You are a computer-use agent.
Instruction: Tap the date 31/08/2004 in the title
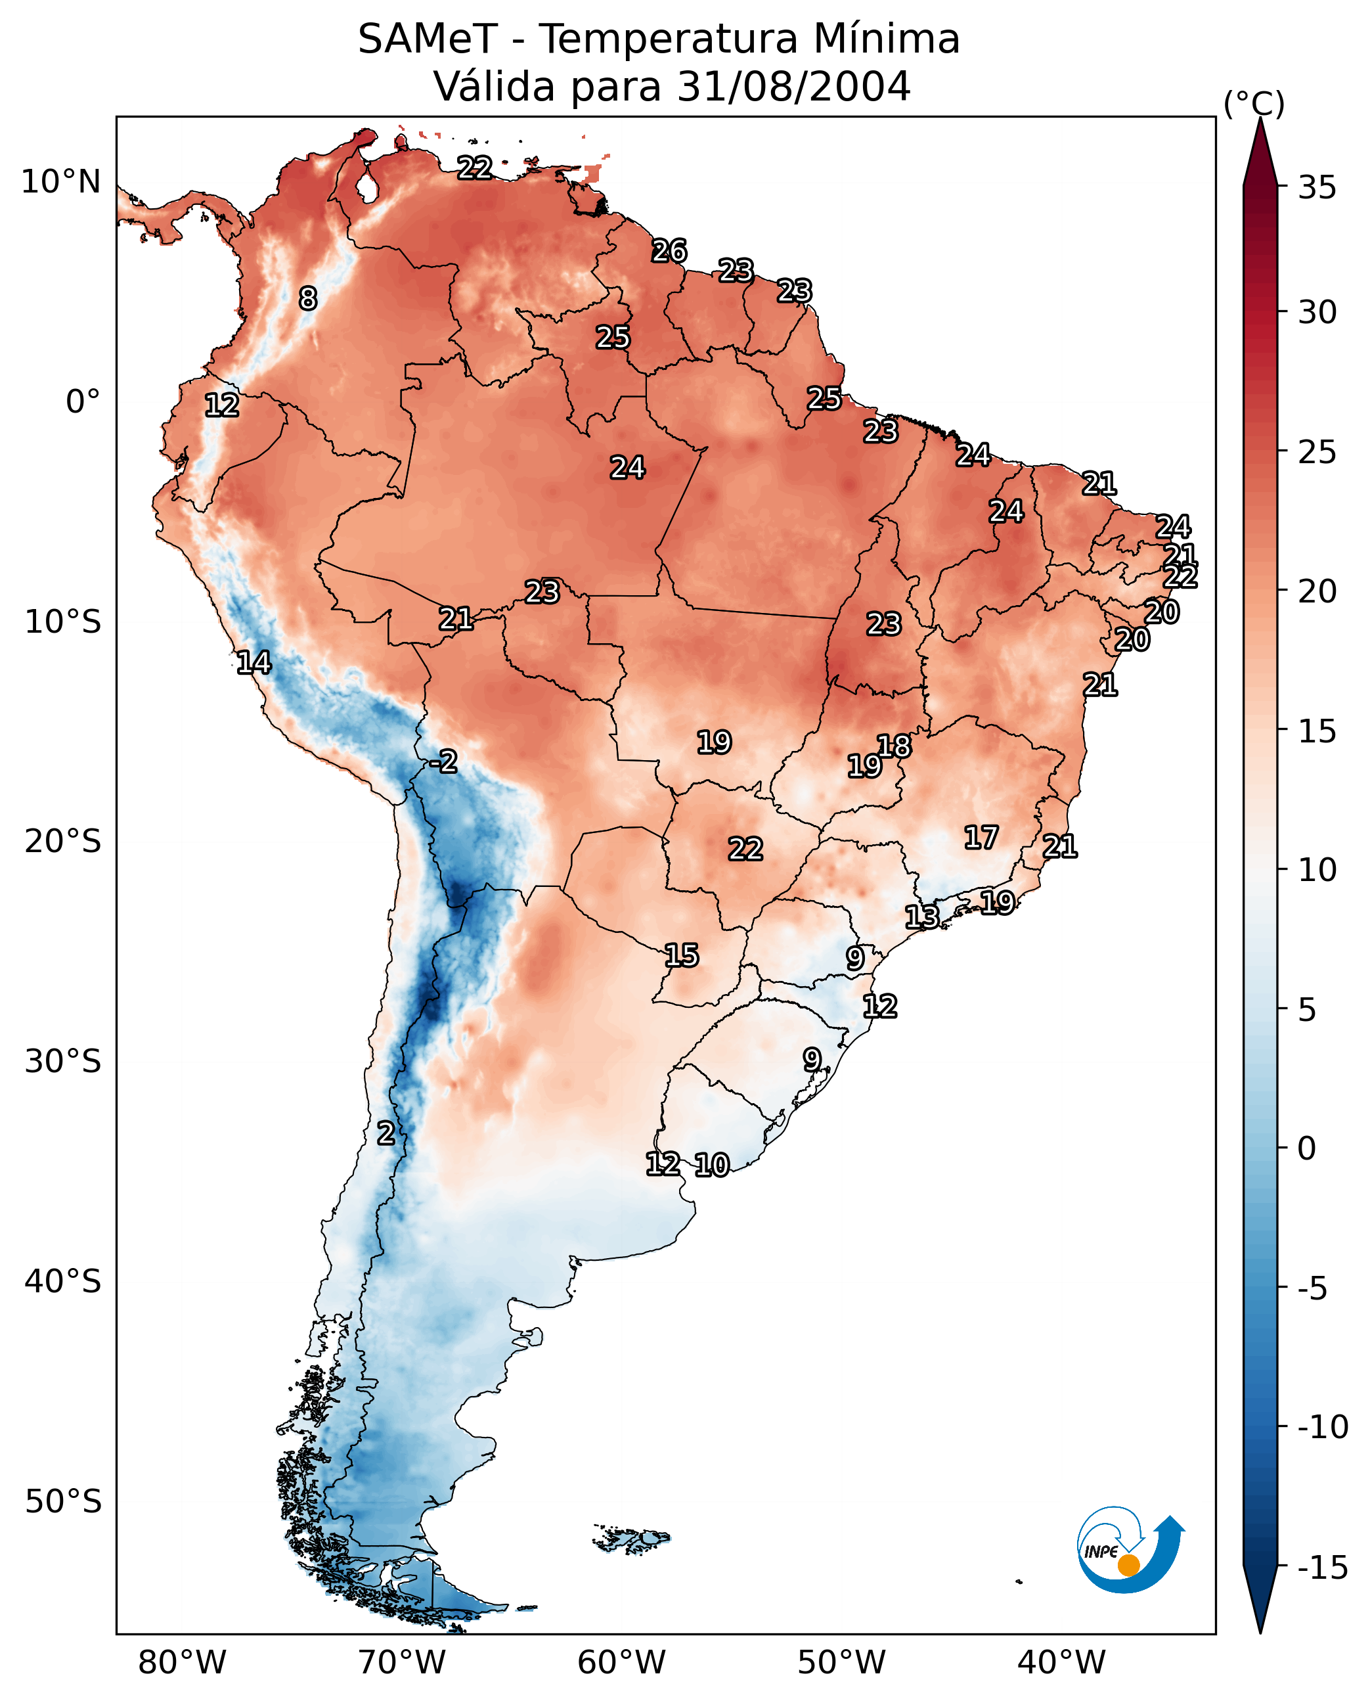pyautogui.click(x=793, y=86)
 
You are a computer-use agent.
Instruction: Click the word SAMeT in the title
pyautogui.click(x=427, y=39)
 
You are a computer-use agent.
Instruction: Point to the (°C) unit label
pyautogui.click(x=1254, y=103)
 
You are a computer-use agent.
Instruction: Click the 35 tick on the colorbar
pyautogui.click(x=1317, y=188)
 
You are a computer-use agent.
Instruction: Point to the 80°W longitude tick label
pyautogui.click(x=183, y=1662)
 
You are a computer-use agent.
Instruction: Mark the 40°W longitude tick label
pyautogui.click(x=1061, y=1662)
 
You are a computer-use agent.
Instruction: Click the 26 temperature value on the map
pyautogui.click(x=669, y=251)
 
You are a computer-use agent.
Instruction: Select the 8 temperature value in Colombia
pyautogui.click(x=308, y=298)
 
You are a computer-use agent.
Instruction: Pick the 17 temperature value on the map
pyautogui.click(x=981, y=837)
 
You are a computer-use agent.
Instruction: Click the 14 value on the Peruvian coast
pyautogui.click(x=254, y=662)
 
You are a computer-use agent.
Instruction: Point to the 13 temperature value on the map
pyautogui.click(x=921, y=917)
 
